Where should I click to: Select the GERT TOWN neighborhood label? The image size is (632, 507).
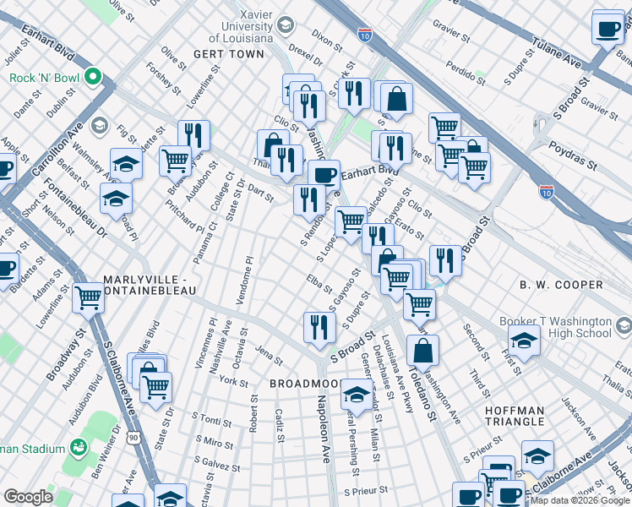pyautogui.click(x=228, y=54)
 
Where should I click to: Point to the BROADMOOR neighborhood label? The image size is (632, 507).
pyautogui.click(x=300, y=384)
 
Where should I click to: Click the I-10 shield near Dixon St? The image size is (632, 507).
pyautogui.click(x=364, y=35)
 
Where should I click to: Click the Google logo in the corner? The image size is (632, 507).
pyautogui.click(x=28, y=497)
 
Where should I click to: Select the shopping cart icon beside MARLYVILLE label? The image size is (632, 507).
pyautogui.click(x=88, y=297)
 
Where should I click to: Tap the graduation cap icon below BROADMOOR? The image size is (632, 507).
pyautogui.click(x=357, y=395)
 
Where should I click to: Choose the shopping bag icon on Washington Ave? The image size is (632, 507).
pyautogui.click(x=422, y=350)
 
